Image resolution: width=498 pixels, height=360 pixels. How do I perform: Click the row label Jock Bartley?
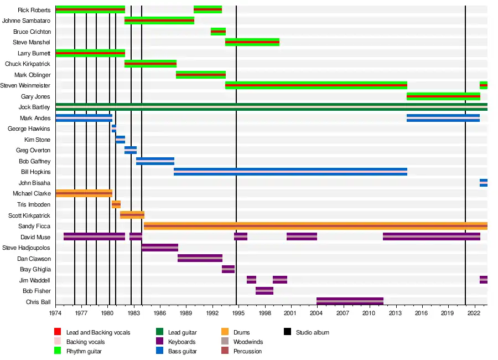point(34,107)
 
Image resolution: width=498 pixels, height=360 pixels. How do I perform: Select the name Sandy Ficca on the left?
point(35,227)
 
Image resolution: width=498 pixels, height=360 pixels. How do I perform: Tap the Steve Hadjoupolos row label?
point(27,248)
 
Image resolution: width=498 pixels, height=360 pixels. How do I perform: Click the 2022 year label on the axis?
point(474,313)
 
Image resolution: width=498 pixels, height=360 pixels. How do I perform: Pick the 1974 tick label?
point(55,313)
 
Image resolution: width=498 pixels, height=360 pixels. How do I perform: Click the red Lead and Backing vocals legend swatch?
point(57,332)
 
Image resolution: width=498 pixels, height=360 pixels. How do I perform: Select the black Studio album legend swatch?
point(287,332)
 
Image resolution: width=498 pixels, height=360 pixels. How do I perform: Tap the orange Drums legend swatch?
point(225,332)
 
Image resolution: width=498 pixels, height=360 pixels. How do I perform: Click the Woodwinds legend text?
point(248,342)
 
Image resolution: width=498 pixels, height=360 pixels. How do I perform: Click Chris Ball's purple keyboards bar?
point(350,302)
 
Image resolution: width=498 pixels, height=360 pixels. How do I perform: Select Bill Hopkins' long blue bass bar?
point(290,172)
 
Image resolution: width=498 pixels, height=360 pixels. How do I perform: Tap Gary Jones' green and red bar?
point(443,96)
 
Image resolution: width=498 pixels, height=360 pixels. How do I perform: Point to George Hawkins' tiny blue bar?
point(114,129)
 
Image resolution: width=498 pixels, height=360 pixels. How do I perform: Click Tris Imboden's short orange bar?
point(116,204)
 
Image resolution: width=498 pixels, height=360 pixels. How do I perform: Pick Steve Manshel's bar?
point(252,43)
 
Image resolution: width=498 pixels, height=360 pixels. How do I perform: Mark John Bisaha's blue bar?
point(484,183)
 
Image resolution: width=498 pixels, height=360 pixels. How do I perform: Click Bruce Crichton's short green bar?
point(218,32)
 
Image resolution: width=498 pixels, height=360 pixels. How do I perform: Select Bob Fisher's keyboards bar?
point(264,291)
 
